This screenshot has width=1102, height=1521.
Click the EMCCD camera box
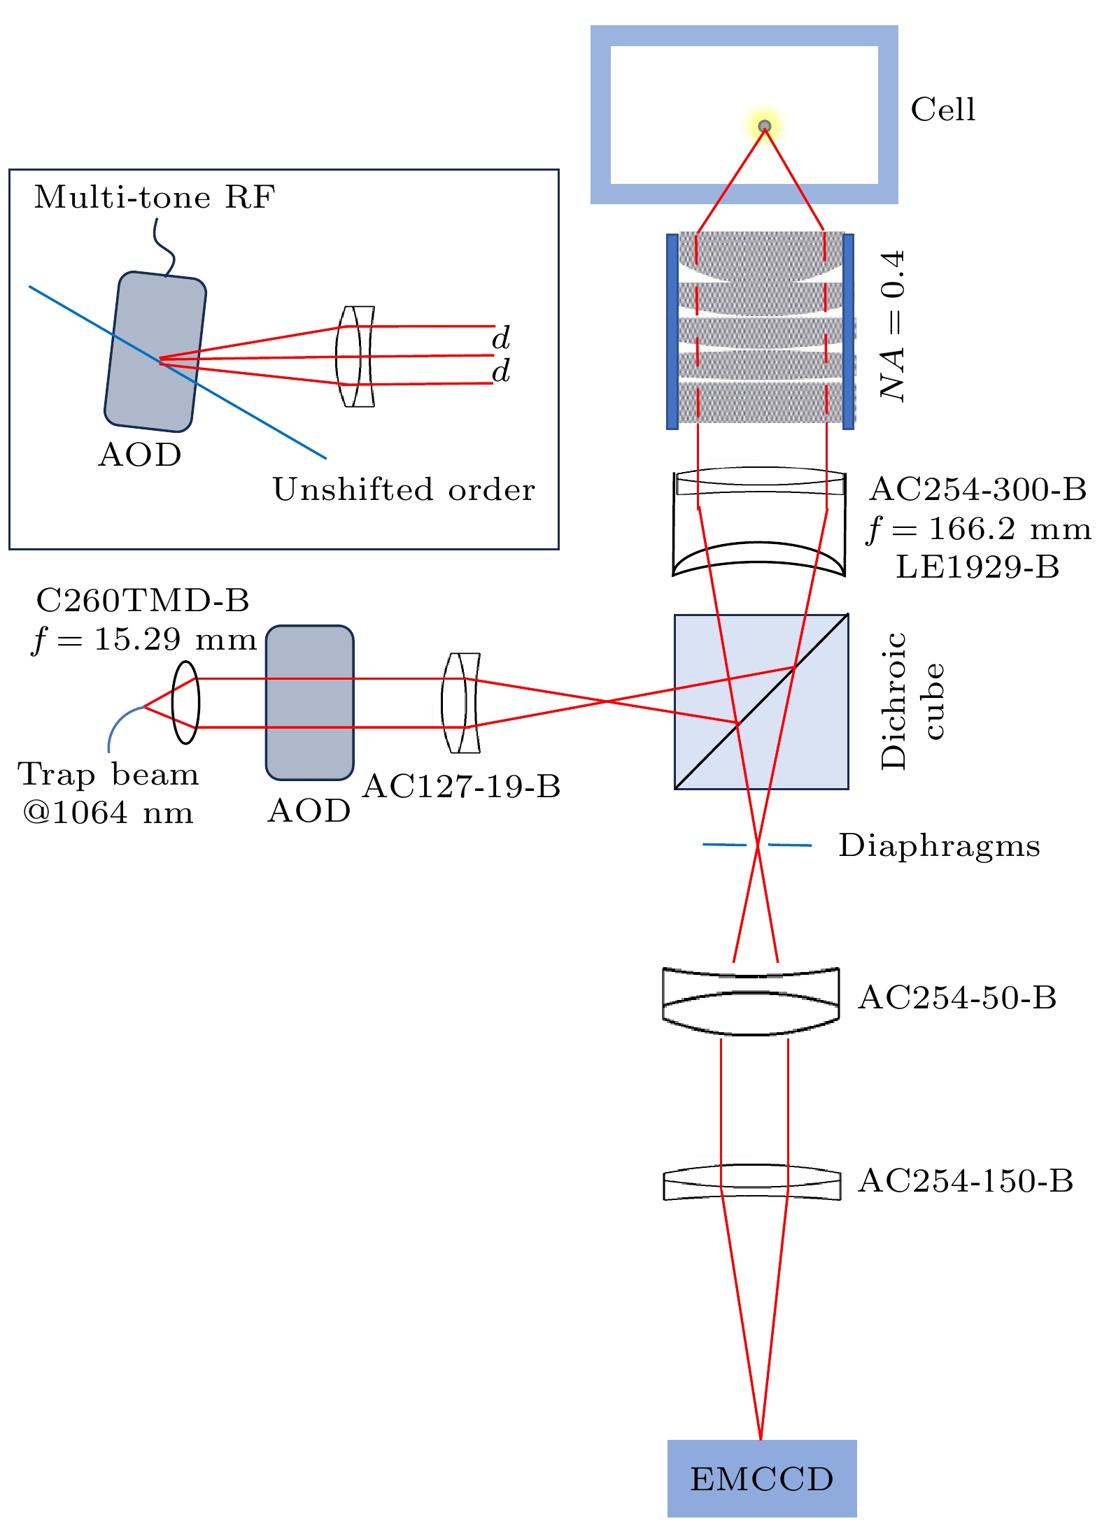click(761, 1478)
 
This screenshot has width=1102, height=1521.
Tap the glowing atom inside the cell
click(764, 127)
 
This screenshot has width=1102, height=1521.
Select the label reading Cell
click(942, 110)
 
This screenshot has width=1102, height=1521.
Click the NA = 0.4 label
click(893, 326)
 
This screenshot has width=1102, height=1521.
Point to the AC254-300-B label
click(977, 490)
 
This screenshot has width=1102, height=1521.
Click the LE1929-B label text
click(977, 567)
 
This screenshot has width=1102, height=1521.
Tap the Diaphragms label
click(939, 845)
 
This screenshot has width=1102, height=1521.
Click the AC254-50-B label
click(957, 998)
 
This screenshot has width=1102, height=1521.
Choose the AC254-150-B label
click(966, 1181)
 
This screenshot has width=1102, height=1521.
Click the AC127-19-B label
click(462, 787)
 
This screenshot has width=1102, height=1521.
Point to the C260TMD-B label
click(143, 601)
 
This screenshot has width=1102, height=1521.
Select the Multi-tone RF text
click(155, 198)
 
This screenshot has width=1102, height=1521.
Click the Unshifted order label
click(404, 490)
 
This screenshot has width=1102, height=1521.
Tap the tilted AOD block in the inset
click(155, 352)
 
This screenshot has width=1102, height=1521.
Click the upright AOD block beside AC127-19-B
click(310, 702)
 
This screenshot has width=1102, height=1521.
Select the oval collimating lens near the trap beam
click(186, 702)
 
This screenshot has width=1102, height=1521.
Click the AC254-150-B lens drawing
click(752, 1182)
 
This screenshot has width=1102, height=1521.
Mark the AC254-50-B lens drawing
click(751, 1000)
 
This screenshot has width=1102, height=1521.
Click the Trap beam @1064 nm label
click(108, 794)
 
